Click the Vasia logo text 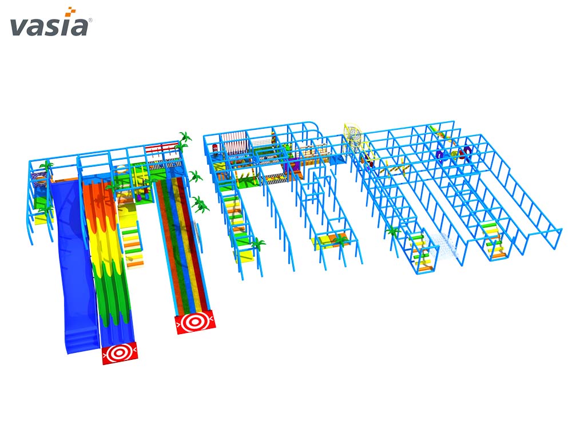[x=49, y=27]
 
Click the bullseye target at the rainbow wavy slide [x=120, y=353]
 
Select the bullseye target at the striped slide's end [x=194, y=321]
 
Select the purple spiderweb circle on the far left [x=39, y=178]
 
